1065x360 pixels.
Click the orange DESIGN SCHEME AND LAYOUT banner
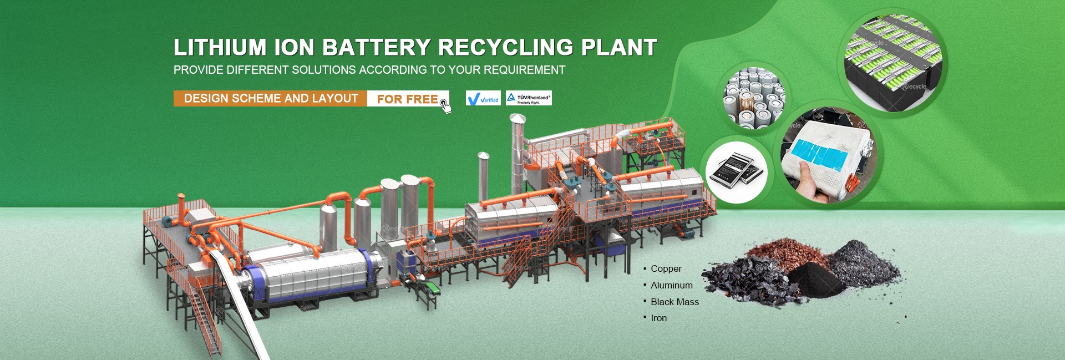[x=271, y=99]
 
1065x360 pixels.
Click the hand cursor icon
[x=445, y=106]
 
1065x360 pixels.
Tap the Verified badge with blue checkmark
[x=483, y=99]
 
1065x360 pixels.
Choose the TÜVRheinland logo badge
[x=529, y=98]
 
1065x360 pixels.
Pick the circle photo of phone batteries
[x=736, y=171]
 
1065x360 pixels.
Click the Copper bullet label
[x=666, y=268]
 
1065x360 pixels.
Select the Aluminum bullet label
[x=671, y=285]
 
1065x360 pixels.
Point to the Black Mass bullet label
[x=674, y=302]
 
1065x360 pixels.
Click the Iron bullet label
[x=658, y=318]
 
